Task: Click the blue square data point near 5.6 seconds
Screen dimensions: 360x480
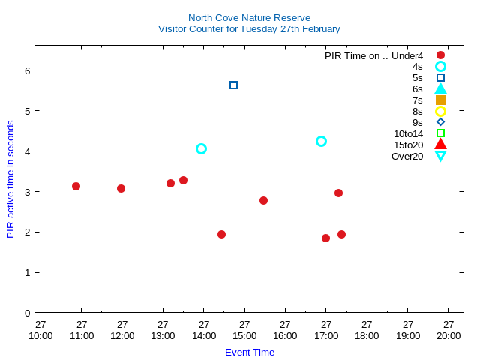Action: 233,85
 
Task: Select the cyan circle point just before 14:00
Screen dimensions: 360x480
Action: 201,148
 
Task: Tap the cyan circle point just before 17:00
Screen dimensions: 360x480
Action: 321,141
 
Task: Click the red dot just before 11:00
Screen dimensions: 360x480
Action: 76,186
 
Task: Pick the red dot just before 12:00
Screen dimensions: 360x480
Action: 121,188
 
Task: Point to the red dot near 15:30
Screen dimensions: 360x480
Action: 263,200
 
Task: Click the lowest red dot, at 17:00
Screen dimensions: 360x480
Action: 325,238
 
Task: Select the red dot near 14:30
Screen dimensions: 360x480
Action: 221,234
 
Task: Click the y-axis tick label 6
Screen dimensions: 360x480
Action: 26,70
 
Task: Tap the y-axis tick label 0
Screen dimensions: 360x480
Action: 26,313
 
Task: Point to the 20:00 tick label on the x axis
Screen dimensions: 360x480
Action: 448,330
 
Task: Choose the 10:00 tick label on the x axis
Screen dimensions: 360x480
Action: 40,330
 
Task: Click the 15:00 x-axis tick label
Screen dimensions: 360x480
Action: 244,330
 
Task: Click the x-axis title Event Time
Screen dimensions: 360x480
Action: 250,352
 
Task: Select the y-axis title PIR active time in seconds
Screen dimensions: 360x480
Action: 10,179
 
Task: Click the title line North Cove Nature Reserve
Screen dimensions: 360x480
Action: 249,17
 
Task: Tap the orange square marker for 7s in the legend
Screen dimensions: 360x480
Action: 440,100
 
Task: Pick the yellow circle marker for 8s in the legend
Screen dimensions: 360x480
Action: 440,111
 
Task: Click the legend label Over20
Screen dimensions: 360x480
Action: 407,156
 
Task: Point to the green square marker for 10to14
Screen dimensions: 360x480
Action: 440,133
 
